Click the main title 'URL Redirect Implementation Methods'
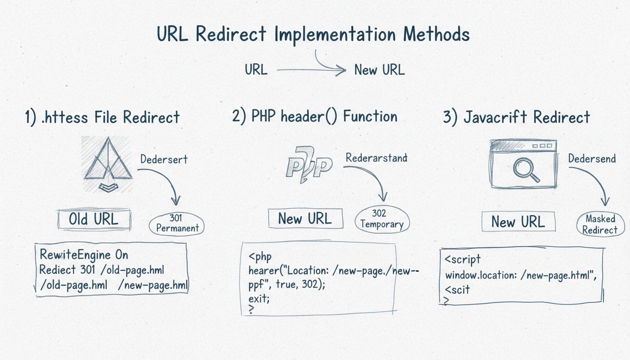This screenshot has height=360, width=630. tap(314, 35)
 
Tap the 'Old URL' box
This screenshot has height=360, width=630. tap(94, 219)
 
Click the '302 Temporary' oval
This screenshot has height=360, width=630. tap(382, 219)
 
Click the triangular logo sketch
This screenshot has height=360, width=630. tap(107, 165)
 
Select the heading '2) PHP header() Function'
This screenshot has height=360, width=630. tap(315, 116)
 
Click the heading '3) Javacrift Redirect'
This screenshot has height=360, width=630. tap(516, 117)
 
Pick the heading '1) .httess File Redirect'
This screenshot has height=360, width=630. tap(102, 117)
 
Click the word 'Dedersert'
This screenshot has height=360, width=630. tap(164, 159)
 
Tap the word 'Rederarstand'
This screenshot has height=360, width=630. tap(376, 157)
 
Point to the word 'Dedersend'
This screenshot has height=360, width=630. tap(592, 159)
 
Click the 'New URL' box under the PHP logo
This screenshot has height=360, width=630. tap(305, 218)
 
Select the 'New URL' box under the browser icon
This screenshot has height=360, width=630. tap(518, 222)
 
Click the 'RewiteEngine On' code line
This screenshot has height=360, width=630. tap(84, 255)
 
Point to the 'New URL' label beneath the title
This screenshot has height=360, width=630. tap(379, 70)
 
